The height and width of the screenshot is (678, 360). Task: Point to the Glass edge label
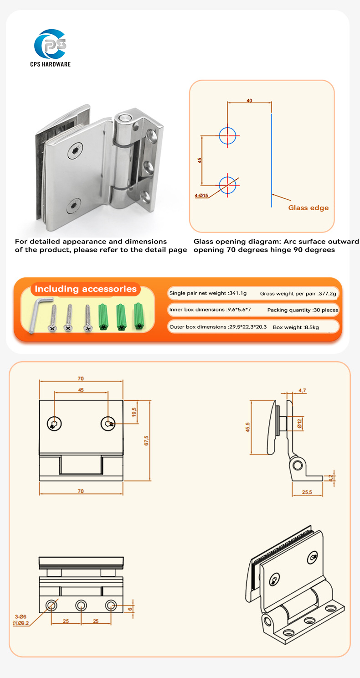[x=308, y=208]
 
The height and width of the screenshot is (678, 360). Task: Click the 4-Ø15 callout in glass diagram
[x=201, y=196]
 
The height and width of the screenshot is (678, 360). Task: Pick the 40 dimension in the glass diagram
[x=249, y=101]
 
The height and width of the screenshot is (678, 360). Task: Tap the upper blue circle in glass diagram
[x=228, y=135]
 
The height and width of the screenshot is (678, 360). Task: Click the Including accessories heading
[x=86, y=289]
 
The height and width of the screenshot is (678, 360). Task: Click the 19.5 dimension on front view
[x=134, y=412]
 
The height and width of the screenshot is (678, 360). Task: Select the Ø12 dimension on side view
[x=300, y=424]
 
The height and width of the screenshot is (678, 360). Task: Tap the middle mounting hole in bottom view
[x=81, y=606]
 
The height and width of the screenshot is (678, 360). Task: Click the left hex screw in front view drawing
[x=55, y=424]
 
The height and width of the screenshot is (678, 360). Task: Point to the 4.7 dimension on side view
[x=302, y=390]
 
